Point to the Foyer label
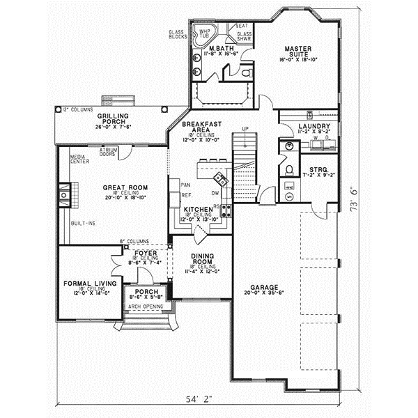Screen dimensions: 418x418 tap(145, 254)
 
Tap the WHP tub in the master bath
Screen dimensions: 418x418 tap(206, 33)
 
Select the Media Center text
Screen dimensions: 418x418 tap(78, 160)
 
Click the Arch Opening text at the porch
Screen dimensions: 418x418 tap(144, 306)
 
